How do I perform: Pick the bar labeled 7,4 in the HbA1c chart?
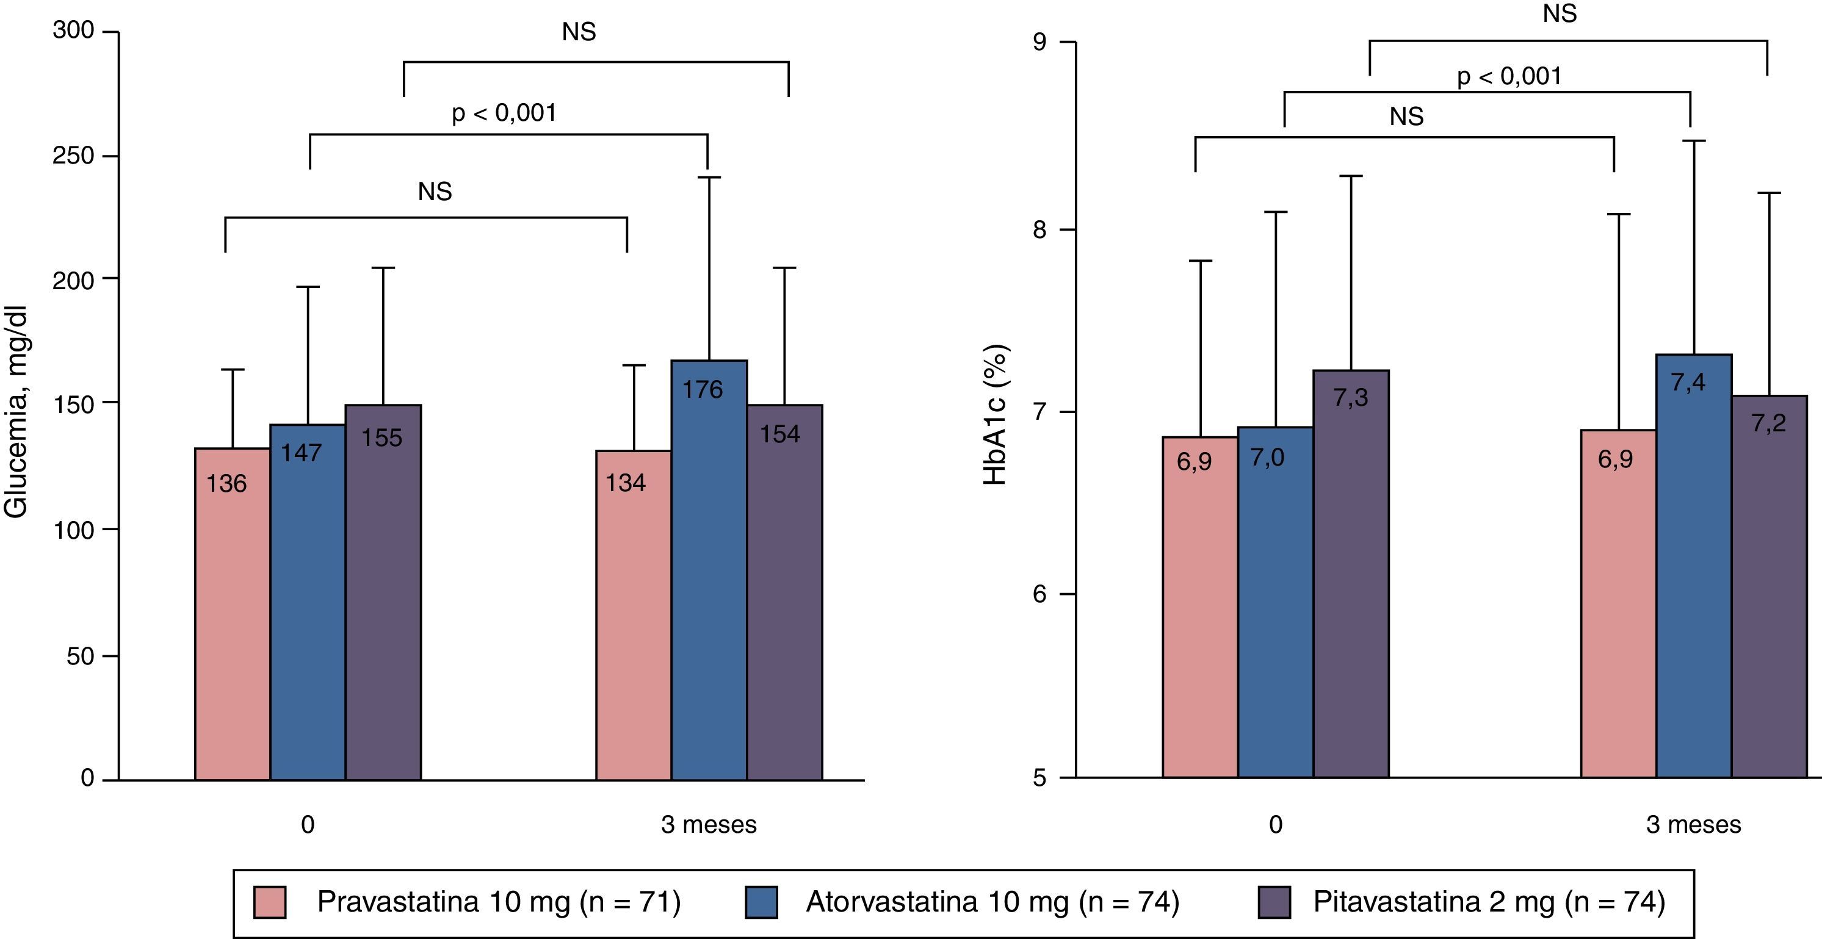click(x=1693, y=566)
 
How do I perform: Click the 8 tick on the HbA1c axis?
click(x=1039, y=230)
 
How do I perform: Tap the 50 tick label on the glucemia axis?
click(x=80, y=656)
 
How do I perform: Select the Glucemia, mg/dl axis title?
click(x=15, y=412)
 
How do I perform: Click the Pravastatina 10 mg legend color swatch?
click(x=269, y=902)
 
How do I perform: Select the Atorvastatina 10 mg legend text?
click(x=992, y=902)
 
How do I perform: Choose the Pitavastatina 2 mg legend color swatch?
click(x=1274, y=902)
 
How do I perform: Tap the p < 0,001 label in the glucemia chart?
click(x=504, y=113)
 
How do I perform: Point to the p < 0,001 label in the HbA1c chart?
click(x=1509, y=76)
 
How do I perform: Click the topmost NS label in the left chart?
click(x=579, y=32)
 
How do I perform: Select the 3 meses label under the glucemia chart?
click(x=709, y=824)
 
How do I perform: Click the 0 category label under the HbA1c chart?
click(x=1275, y=824)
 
